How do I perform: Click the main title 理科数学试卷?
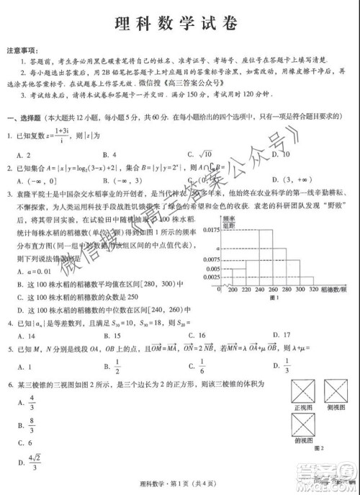point(180,22)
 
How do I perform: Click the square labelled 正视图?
point(306,393)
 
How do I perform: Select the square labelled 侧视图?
point(339,393)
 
